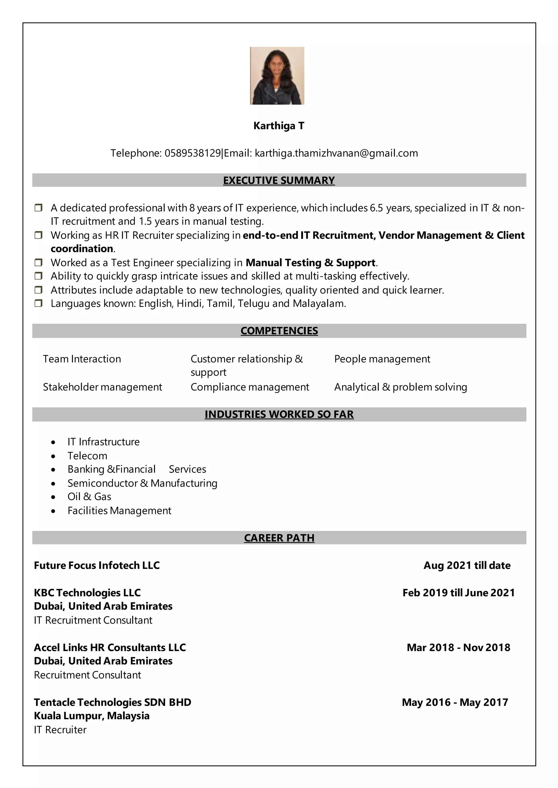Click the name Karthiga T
279,126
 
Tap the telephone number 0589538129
192,153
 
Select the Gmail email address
336,153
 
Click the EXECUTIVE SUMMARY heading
279,180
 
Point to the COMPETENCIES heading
279,331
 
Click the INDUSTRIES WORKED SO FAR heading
279,414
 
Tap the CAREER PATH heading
279,538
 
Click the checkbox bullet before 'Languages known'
38,303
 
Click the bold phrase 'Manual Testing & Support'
311,263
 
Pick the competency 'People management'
382,359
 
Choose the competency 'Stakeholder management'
102,387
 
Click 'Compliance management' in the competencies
250,387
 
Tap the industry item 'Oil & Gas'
89,497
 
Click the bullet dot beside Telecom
53,456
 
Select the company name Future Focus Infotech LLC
97,565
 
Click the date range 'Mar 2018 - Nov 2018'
458,647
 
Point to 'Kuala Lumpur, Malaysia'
92,716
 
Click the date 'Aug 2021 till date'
467,565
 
